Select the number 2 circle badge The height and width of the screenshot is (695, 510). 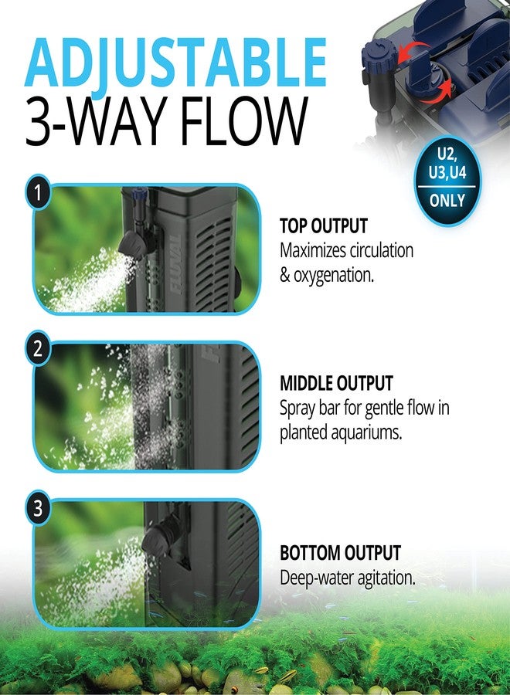[x=36, y=350]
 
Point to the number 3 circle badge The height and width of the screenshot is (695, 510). [x=36, y=510]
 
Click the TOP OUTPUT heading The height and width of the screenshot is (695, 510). [x=323, y=226]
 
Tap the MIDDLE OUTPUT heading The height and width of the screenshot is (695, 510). [x=336, y=383]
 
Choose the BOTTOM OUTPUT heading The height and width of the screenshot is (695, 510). [x=340, y=553]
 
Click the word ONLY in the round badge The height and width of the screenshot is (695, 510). [x=447, y=201]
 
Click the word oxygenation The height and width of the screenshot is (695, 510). [x=334, y=275]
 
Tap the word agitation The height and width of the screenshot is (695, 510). [x=380, y=578]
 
